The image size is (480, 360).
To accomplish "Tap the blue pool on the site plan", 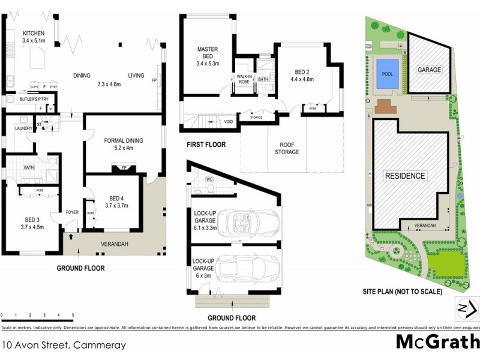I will coord(387,74).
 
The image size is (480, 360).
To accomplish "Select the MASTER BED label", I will coord(208,53).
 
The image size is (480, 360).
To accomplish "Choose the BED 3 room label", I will coord(32,223).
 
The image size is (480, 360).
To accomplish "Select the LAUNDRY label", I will coord(23,127).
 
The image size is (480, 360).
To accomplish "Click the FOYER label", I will coord(72,211).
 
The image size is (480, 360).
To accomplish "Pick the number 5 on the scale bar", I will coord(73,315).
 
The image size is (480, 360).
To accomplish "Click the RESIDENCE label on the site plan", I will coord(405,176).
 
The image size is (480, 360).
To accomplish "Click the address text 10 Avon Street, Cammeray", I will coord(64,345).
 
